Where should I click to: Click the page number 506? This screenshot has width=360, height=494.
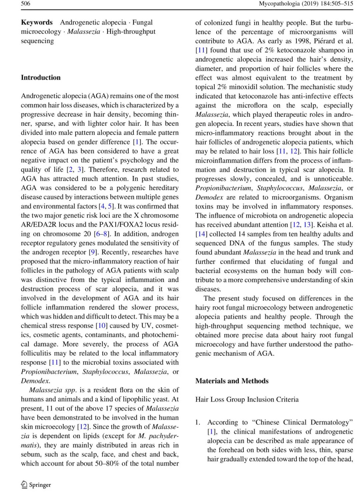(26, 4)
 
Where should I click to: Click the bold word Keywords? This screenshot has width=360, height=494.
(37, 22)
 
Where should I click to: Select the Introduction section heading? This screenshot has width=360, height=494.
(41, 77)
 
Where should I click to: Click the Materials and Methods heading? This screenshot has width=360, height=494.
(232, 381)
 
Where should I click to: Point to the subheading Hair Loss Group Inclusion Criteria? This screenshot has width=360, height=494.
(247, 399)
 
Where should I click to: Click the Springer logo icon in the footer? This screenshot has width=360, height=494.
(24, 484)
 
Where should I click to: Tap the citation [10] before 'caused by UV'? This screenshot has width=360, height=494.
(101, 325)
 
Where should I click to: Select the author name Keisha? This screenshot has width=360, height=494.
(327, 224)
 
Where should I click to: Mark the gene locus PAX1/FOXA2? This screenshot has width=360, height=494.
(121, 224)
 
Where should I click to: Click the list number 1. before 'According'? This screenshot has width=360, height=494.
(198, 422)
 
